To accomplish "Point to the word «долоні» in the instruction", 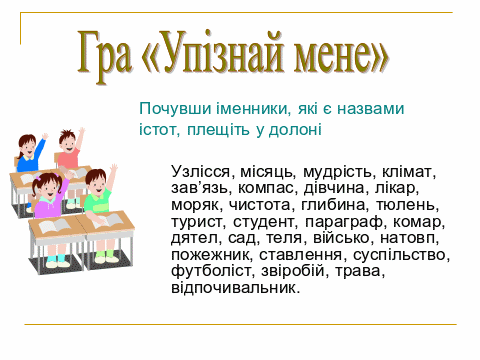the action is click(x=295, y=129).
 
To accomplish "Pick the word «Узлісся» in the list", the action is click(x=200, y=172).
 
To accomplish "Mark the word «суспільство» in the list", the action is click(x=399, y=255).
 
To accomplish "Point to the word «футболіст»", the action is click(x=210, y=271).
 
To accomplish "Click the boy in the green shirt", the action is click(x=99, y=192).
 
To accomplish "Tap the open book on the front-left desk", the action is click(x=54, y=225).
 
